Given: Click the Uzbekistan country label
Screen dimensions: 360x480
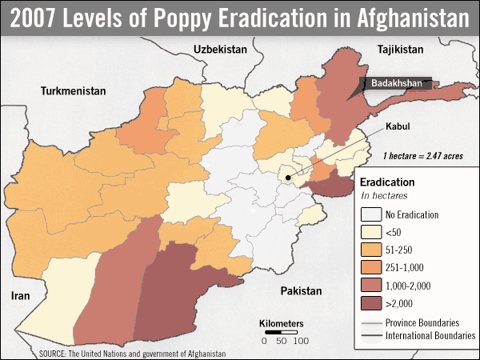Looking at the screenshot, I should pyautogui.click(x=219, y=49).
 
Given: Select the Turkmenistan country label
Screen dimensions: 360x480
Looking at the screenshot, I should pyautogui.click(x=74, y=91).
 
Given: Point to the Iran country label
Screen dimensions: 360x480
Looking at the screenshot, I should pyautogui.click(x=19, y=295).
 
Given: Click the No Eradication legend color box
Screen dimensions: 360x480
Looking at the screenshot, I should pyautogui.click(x=370, y=214).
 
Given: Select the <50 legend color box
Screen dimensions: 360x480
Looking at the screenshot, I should pyautogui.click(x=370, y=232).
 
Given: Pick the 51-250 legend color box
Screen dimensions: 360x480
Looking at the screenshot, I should pyautogui.click(x=370, y=250).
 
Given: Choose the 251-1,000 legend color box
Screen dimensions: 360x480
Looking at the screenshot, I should pyautogui.click(x=370, y=267).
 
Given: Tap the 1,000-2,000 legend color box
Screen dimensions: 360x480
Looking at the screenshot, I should pyautogui.click(x=370, y=285).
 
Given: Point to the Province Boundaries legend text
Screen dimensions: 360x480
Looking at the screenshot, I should pyautogui.click(x=425, y=322).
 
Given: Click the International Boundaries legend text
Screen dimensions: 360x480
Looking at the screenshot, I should pyautogui.click(x=431, y=335).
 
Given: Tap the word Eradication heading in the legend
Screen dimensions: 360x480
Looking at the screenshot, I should pyautogui.click(x=387, y=182).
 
